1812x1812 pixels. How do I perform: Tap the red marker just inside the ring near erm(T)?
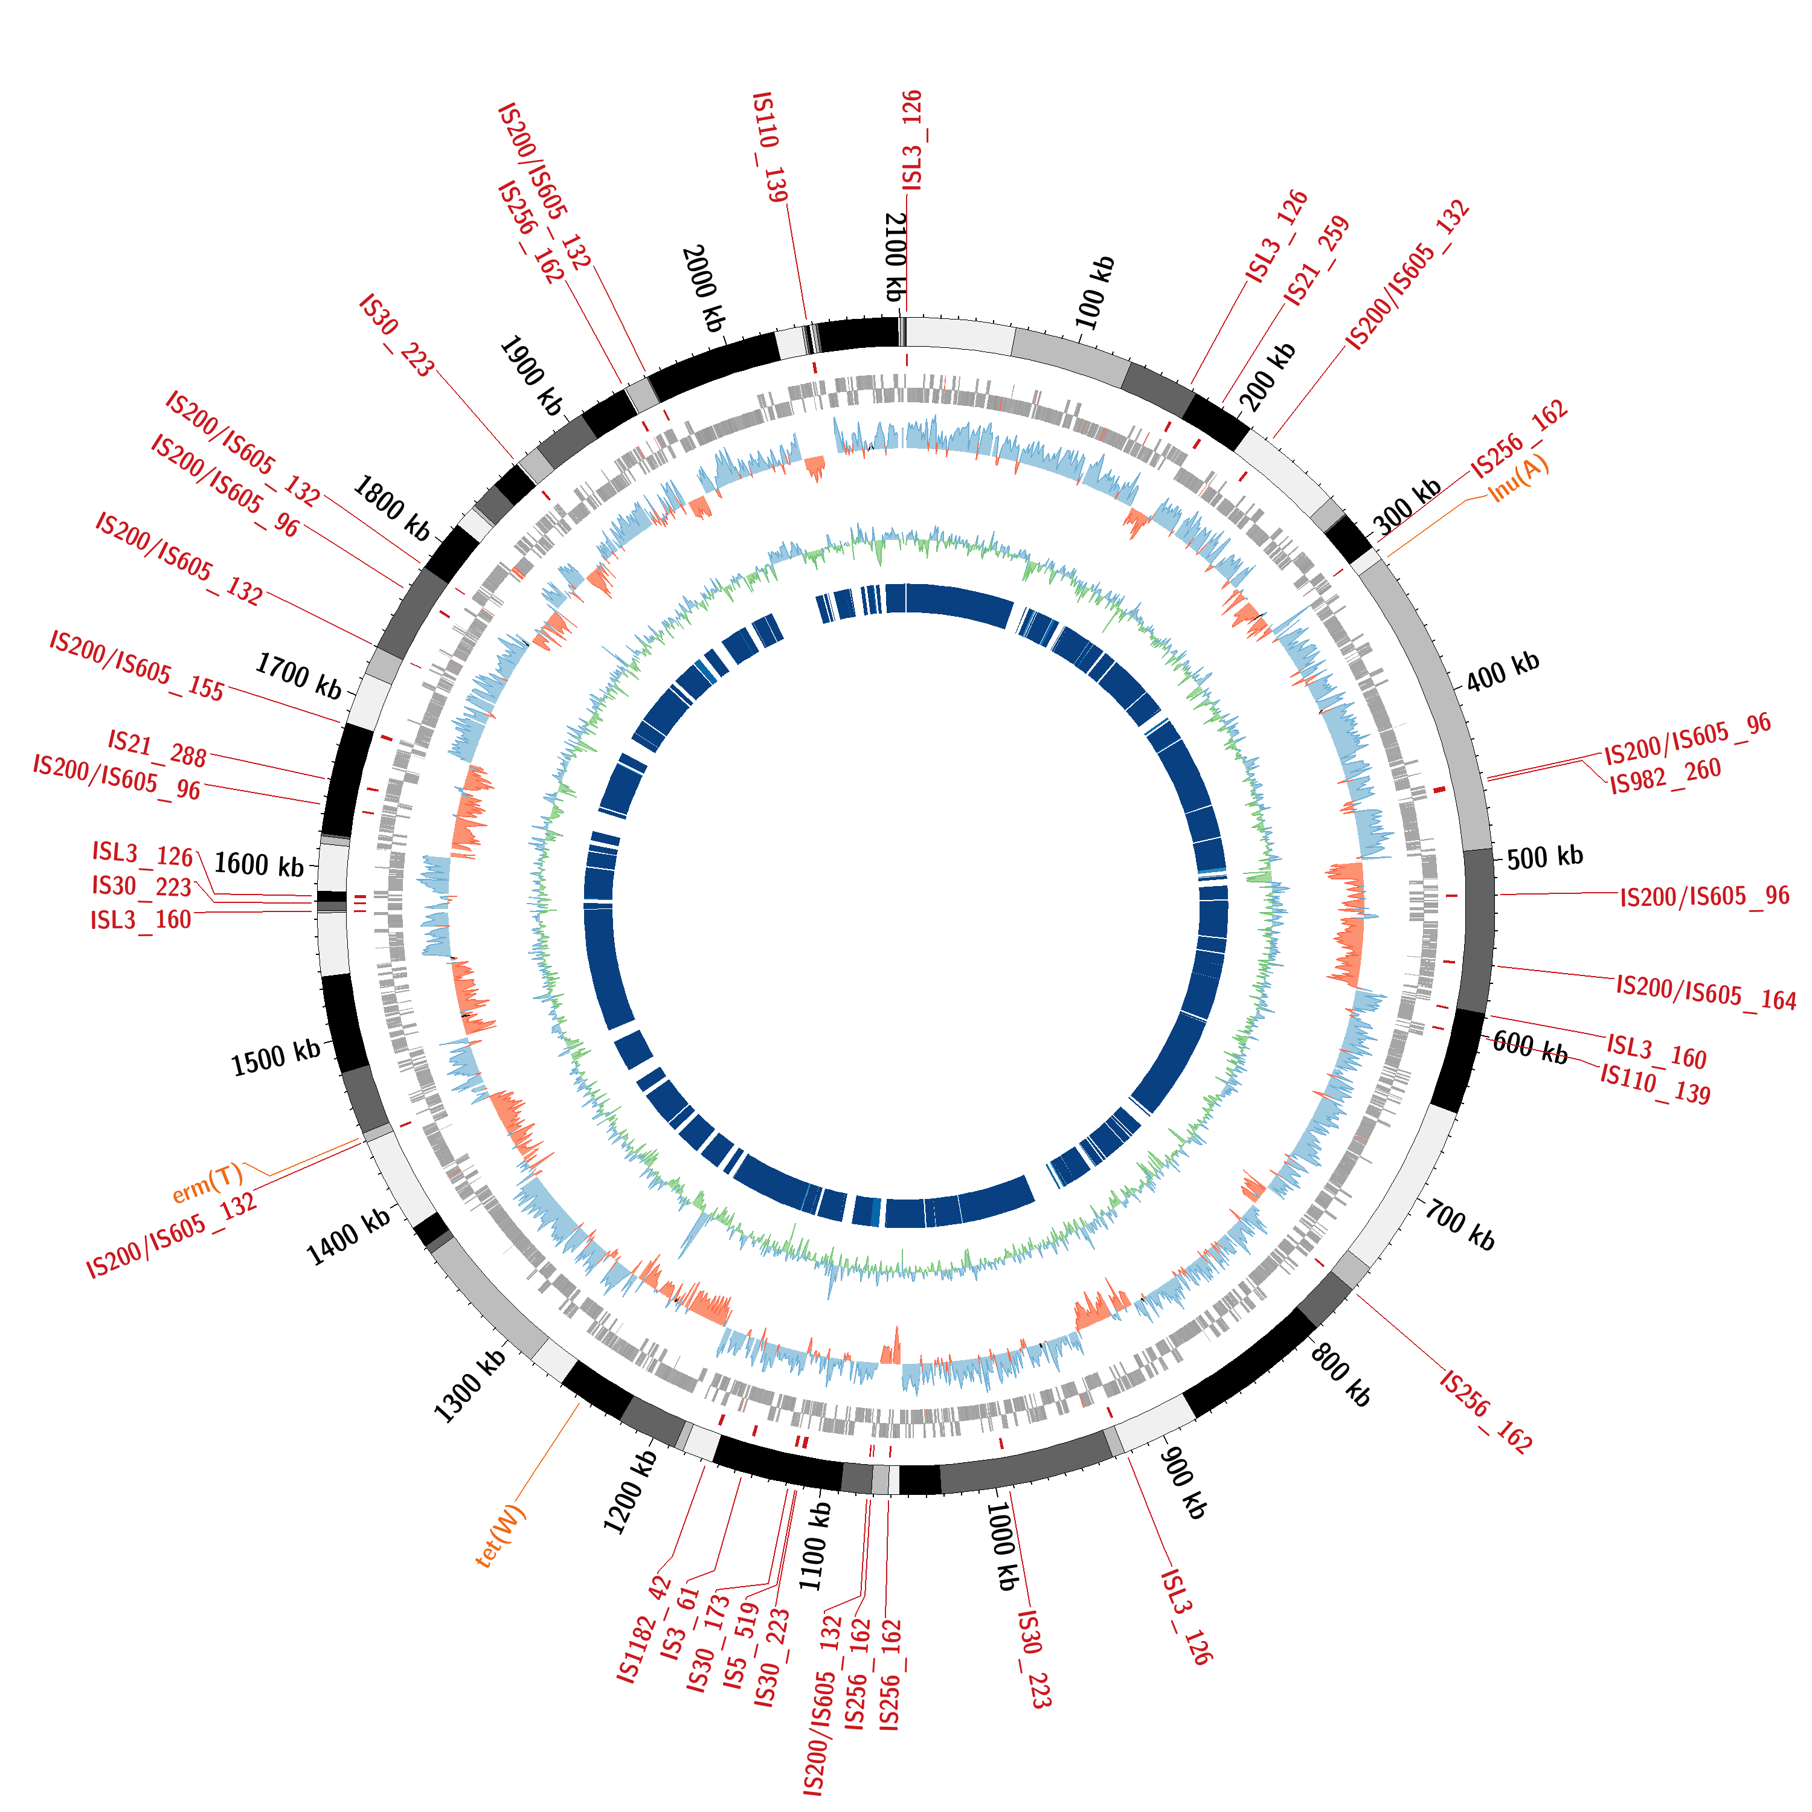pyautogui.click(x=405, y=1123)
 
